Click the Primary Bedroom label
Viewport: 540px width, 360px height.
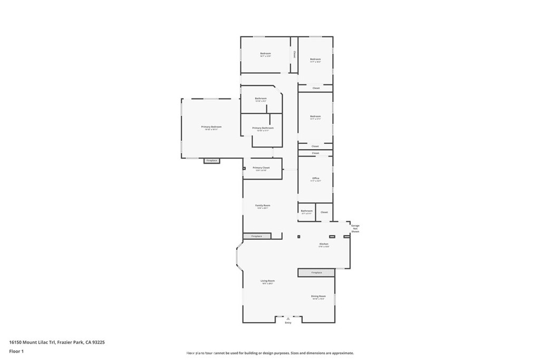pyautogui.click(x=211, y=127)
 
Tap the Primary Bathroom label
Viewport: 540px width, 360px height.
pyautogui.click(x=263, y=128)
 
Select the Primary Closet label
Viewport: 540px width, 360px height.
pyautogui.click(x=261, y=168)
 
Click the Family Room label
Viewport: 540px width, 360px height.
pyautogui.click(x=263, y=206)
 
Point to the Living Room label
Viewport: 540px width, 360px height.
pyautogui.click(x=267, y=281)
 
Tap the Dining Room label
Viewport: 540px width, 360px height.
pyautogui.click(x=319, y=296)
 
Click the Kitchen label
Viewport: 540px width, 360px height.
pyautogui.click(x=324, y=244)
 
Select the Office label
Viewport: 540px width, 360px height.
pyautogui.click(x=315, y=178)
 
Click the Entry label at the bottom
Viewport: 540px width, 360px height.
pyautogui.click(x=288, y=322)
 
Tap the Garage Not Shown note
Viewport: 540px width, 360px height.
pyautogui.click(x=355, y=228)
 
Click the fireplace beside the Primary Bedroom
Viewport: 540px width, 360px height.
pyautogui.click(x=211, y=160)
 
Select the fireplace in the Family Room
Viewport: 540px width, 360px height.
pyautogui.click(x=257, y=236)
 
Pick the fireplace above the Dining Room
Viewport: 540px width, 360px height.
pyautogui.click(x=316, y=273)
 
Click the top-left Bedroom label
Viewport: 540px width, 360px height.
pyautogui.click(x=265, y=53)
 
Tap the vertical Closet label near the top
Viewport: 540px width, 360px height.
pyautogui.click(x=294, y=54)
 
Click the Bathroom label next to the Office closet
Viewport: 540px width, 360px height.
pyautogui.click(x=307, y=211)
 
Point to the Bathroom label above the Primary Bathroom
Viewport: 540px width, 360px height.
pyautogui.click(x=261, y=98)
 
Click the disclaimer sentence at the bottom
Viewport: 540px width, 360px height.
pyautogui.click(x=269, y=353)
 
